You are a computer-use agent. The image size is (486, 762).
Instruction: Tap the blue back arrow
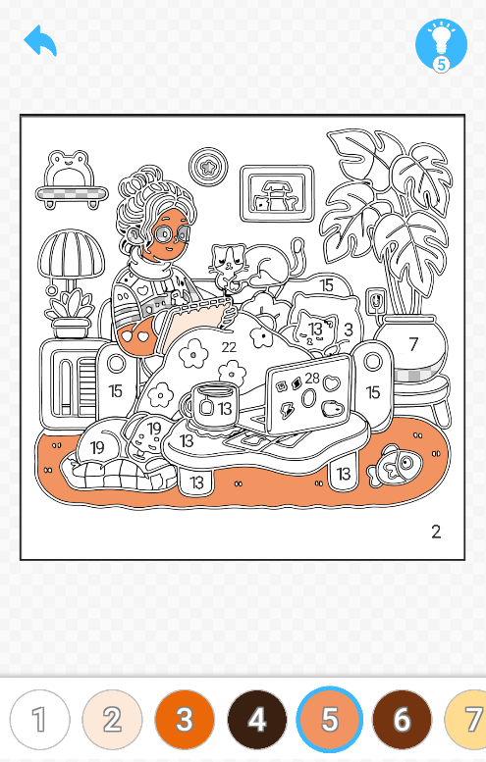40,40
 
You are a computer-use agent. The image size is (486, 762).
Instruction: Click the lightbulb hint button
441,45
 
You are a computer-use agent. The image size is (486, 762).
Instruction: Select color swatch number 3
185,719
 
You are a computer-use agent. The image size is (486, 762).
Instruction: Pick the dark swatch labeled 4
257,719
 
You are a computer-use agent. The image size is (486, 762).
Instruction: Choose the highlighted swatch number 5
330,719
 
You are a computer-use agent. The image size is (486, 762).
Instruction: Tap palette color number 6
402,719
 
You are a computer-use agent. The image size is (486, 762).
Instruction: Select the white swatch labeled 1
40,719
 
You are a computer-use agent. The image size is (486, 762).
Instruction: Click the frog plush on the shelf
72,169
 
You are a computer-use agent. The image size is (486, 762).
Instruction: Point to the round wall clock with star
209,167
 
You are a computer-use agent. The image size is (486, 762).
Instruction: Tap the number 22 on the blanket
229,347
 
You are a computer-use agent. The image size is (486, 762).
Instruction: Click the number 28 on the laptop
312,379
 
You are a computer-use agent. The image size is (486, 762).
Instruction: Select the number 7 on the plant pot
413,344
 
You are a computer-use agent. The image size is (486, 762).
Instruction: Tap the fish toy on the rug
395,465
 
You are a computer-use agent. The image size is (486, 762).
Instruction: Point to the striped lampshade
72,254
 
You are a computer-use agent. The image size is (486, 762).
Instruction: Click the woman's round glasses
172,234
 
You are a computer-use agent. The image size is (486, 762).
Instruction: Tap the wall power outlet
376,301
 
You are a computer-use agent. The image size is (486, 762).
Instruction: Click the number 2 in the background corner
436,532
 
